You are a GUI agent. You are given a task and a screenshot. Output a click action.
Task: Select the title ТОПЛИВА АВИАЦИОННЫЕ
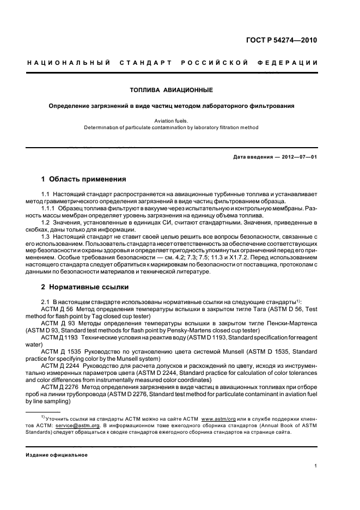pos(171,89)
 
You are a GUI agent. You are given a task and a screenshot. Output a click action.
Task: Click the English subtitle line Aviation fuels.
pos(171,121)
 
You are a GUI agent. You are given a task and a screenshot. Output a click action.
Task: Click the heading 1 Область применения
pos(84,179)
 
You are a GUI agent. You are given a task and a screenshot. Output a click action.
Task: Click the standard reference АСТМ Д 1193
pos(58,338)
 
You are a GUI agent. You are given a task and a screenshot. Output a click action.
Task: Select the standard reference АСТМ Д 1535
pos(58,352)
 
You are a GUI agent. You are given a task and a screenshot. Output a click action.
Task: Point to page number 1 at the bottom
pos(316,466)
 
